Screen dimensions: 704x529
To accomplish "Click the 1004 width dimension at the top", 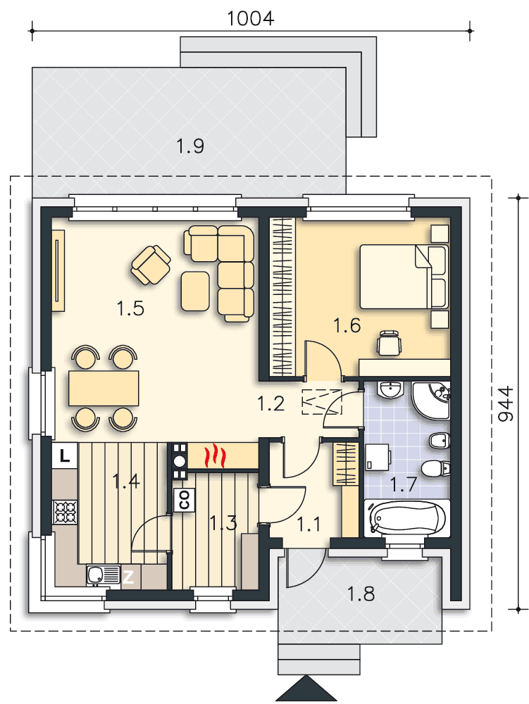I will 250,18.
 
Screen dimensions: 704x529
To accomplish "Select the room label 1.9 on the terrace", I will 190,146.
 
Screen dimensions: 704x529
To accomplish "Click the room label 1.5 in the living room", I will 131,308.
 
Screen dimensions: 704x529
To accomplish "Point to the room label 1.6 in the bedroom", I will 347,325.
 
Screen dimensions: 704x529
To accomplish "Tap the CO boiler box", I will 183,500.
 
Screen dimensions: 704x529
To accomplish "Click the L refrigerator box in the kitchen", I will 65,455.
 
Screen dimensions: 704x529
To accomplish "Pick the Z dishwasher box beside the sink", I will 129,577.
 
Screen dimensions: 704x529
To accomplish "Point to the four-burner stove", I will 65,512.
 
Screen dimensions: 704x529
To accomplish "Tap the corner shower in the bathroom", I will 430,401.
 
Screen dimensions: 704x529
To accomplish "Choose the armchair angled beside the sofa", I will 151,265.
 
